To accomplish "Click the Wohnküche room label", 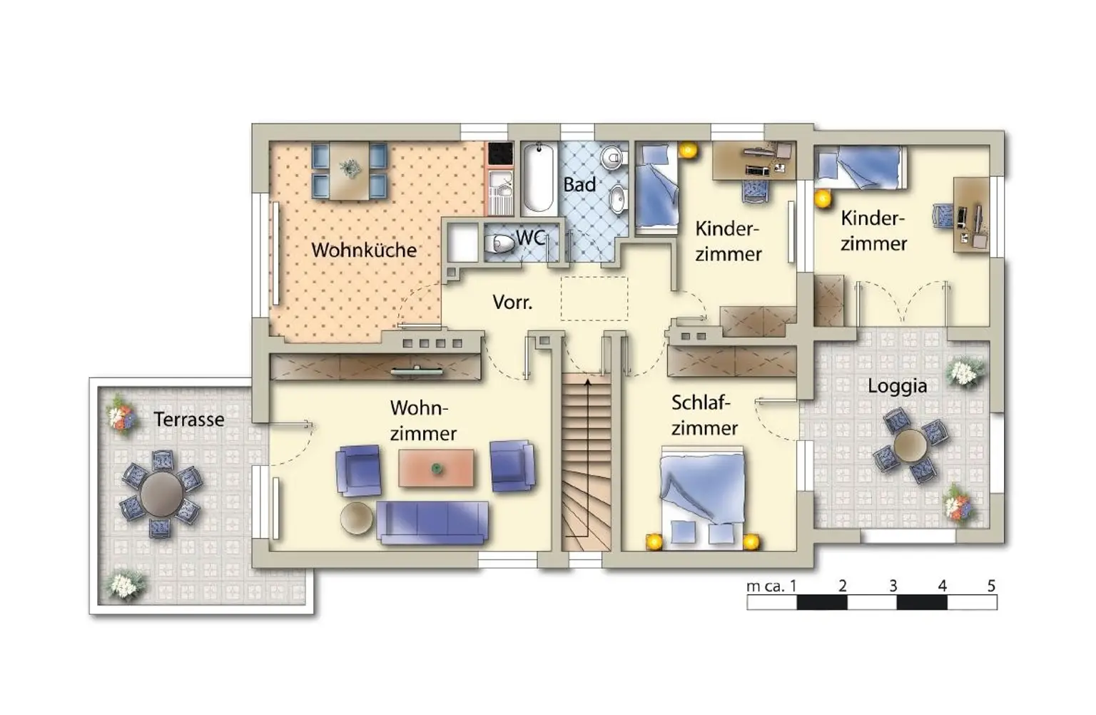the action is [363, 250].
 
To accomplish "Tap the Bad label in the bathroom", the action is [579, 185].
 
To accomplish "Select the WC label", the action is [530, 238].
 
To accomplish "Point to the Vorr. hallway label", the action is [512, 303].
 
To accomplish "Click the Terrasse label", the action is [189, 420].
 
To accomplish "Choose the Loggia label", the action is [898, 386].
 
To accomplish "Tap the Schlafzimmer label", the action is [704, 415].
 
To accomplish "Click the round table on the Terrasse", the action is [161, 494].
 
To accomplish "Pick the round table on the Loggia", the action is [910, 446].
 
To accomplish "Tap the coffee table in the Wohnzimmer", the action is [436, 468].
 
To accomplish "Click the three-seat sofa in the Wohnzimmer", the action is [432, 522].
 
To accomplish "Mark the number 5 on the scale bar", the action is [991, 586].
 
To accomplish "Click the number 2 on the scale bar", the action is [842, 586].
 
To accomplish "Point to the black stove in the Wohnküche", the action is [500, 153].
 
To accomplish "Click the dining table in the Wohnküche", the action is [350, 171].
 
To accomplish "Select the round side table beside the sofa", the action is [357, 518].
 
